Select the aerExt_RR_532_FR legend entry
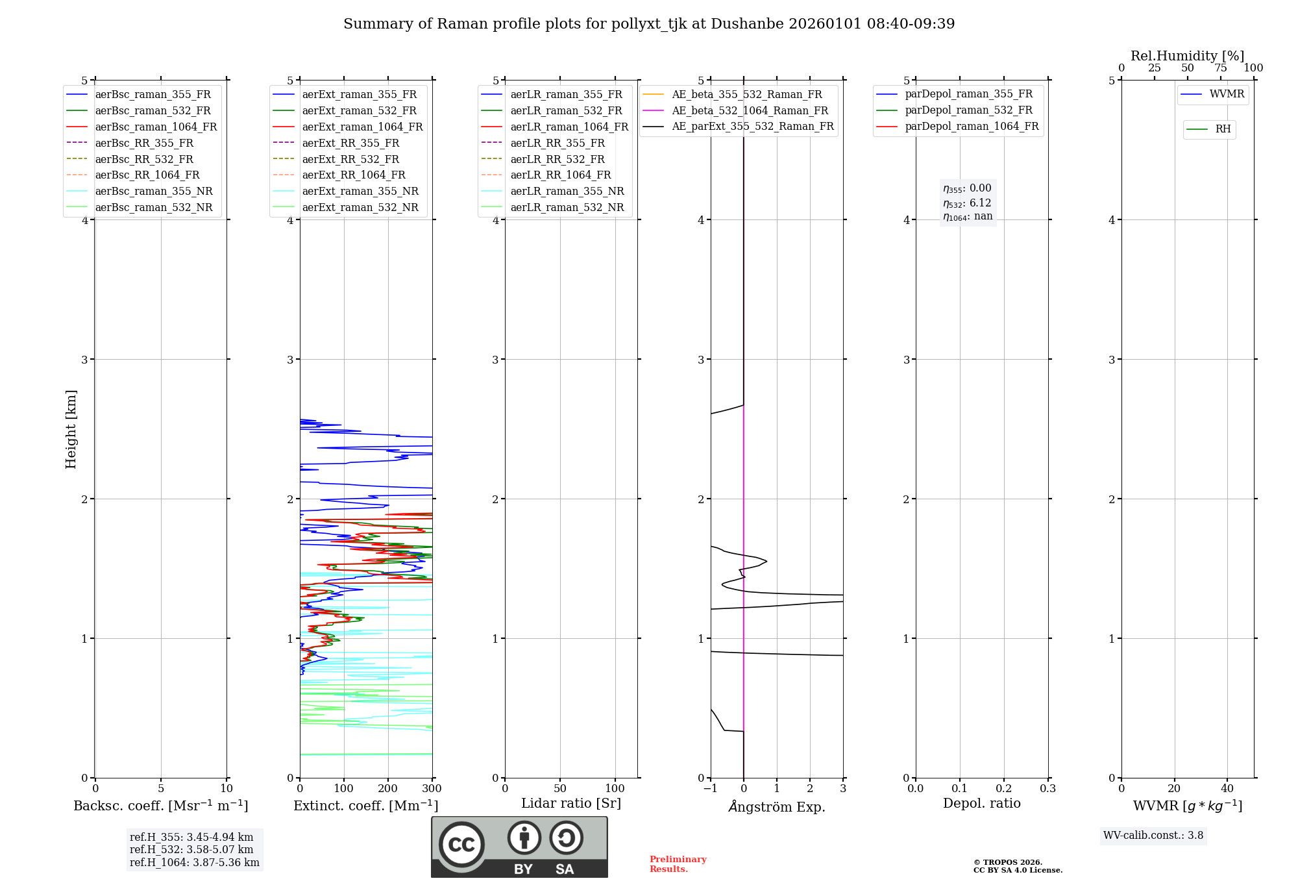[x=350, y=159]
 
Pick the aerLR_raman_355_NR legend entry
[x=567, y=191]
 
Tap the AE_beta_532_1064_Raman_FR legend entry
[x=750, y=110]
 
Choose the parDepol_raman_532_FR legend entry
[x=968, y=110]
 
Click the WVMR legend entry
[x=1227, y=94]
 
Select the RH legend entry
[x=1223, y=129]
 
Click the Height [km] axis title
[x=71, y=429]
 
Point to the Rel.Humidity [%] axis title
[x=1187, y=56]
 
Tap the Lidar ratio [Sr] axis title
[x=571, y=803]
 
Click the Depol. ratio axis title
[x=981, y=803]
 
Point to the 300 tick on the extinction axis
[x=432, y=789]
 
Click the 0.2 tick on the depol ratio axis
[x=1004, y=789]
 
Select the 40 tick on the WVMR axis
[x=1227, y=789]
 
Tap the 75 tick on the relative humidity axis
[x=1220, y=68]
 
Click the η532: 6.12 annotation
[x=967, y=203]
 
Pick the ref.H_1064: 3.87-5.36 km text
[x=194, y=862]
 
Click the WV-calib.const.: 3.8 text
[x=1153, y=836]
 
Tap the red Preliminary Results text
[x=678, y=864]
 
